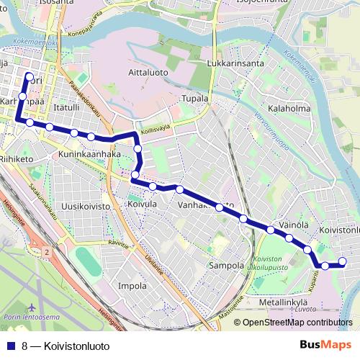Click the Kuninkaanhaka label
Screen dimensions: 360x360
click(89, 154)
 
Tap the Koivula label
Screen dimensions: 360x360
click(141, 205)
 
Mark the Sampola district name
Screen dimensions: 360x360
click(227, 266)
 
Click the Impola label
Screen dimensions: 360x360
click(132, 285)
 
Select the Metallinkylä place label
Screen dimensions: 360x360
click(283, 302)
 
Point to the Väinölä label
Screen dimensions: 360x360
click(294, 225)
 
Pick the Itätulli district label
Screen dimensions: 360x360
click(66, 107)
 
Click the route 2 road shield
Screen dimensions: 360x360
click(47, 252)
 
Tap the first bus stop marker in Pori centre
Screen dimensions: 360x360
click(29, 76)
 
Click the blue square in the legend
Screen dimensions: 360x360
click(11, 346)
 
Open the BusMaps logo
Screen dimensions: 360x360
click(325, 345)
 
